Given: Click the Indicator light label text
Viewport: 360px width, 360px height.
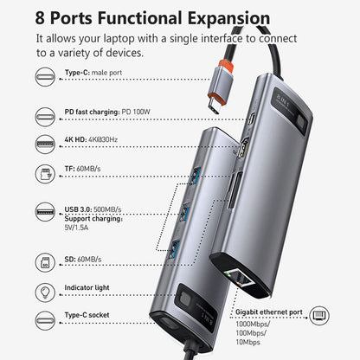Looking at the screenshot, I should pyautogui.click(x=87, y=289).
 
